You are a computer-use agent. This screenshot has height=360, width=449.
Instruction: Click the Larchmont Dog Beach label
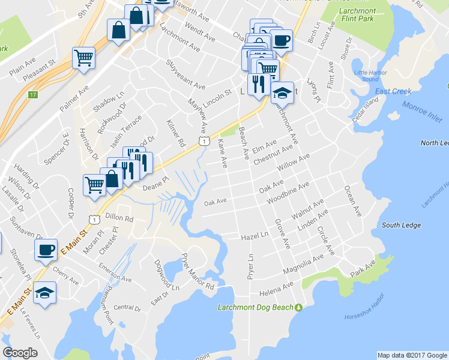[x=255, y=308]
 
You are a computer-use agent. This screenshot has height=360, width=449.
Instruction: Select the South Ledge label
[x=400, y=225]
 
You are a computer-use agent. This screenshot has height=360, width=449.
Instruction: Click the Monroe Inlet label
[x=417, y=111]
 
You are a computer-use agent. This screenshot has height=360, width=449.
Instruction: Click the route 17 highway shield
[x=33, y=94]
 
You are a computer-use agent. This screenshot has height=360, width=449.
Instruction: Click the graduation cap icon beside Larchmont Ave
[x=282, y=93]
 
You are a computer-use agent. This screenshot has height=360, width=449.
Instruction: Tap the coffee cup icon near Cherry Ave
[x=46, y=250]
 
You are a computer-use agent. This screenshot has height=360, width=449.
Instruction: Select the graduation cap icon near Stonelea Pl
[x=44, y=293]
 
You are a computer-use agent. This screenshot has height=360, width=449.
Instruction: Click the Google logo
[x=20, y=352]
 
